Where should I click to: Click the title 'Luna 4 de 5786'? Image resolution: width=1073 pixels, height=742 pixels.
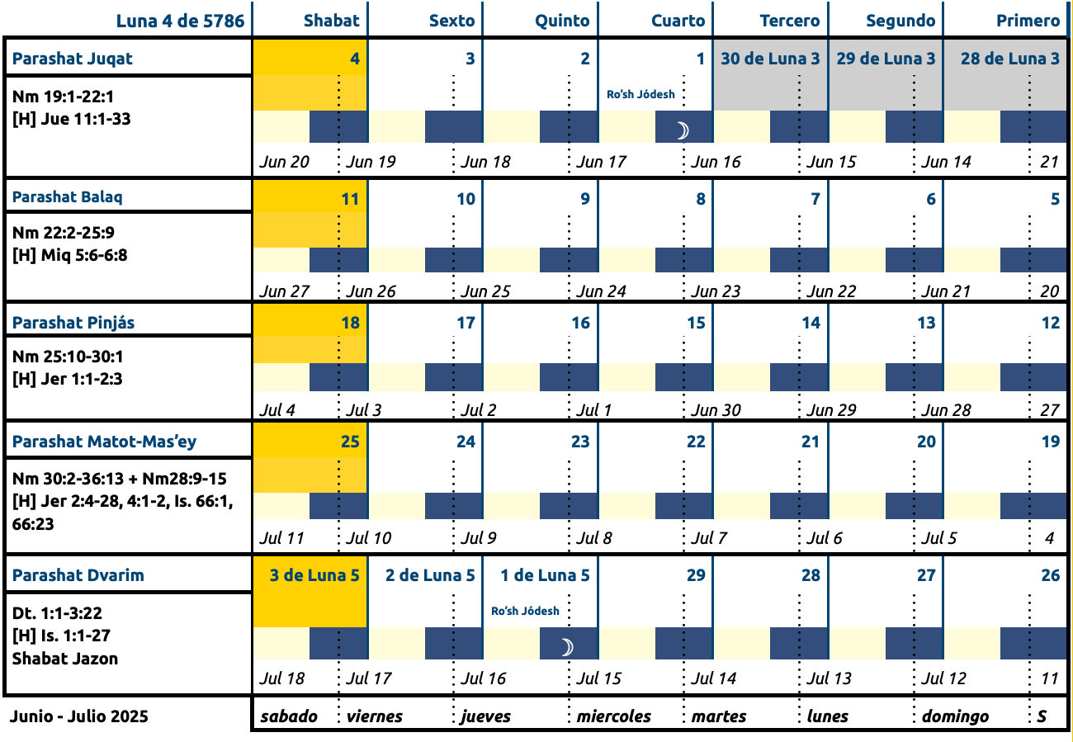[180, 21]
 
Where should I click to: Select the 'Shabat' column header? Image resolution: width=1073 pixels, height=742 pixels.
[332, 21]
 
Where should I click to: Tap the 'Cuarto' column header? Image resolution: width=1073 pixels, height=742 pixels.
[678, 21]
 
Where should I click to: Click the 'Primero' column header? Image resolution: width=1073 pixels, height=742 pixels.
[1028, 21]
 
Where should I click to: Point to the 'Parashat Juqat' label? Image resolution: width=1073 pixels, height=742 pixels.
[73, 59]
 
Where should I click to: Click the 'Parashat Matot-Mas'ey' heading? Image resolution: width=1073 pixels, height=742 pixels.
[104, 442]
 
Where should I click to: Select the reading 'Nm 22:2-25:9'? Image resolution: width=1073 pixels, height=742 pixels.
[64, 233]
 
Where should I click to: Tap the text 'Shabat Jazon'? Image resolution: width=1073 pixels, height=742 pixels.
[64, 659]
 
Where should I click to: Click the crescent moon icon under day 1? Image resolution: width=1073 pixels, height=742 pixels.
[683, 130]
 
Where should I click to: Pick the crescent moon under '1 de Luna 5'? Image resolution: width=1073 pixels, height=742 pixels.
[567, 647]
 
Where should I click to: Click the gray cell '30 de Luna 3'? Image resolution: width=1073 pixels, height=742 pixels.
[770, 75]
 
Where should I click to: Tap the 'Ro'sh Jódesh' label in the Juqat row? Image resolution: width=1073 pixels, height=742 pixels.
[640, 94]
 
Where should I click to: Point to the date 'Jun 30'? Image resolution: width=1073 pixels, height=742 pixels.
[716, 410]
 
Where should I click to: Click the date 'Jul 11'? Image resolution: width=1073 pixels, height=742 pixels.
[281, 538]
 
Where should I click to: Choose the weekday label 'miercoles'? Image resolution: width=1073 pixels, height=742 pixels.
[613, 716]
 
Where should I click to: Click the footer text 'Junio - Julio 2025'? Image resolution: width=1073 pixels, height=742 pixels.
[79, 716]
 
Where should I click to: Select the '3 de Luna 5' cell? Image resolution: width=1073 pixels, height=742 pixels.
[310, 592]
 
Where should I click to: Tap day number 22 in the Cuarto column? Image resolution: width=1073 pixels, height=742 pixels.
[696, 442]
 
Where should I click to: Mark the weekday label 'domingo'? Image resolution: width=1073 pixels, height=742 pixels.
[955, 716]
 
